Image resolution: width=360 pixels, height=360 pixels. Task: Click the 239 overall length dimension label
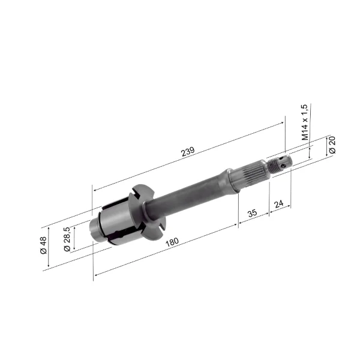(188, 152)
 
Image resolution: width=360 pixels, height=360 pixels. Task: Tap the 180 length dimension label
(172, 242)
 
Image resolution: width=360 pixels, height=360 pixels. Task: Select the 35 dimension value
(253, 213)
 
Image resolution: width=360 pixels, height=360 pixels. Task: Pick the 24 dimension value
(279, 203)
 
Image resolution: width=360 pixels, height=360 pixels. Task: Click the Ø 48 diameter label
(43, 245)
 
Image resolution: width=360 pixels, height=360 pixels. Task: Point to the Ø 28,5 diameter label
(67, 239)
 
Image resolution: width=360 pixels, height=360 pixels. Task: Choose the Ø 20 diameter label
(332, 145)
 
